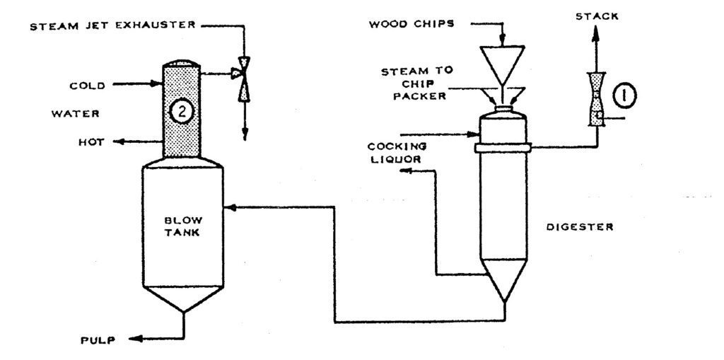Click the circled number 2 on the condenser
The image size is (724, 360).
pyautogui.click(x=180, y=110)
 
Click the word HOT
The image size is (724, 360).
pyautogui.click(x=91, y=142)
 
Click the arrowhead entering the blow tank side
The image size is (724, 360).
pyautogui.click(x=228, y=207)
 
